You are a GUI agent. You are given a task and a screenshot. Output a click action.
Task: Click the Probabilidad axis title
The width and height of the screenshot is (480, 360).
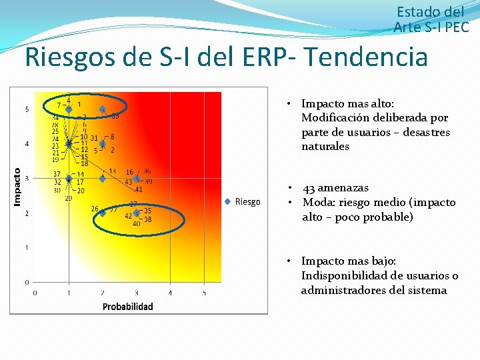click(x=127, y=306)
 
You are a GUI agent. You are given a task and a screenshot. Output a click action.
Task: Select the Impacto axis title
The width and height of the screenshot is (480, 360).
click(x=18, y=186)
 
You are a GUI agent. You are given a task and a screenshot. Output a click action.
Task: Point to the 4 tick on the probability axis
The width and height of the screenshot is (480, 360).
click(x=170, y=292)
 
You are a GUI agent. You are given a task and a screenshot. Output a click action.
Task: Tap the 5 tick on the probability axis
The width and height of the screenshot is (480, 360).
click(x=204, y=292)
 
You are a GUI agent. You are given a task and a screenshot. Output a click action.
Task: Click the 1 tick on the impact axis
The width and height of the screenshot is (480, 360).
click(x=27, y=247)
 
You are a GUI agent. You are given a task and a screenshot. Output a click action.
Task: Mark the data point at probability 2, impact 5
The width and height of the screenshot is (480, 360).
click(x=103, y=109)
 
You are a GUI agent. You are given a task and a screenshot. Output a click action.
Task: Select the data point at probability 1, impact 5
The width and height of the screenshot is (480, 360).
click(x=69, y=109)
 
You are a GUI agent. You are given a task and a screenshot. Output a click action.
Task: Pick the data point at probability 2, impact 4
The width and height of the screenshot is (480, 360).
click(x=103, y=144)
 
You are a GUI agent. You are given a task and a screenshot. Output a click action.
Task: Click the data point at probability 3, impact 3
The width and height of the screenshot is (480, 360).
click(x=136, y=179)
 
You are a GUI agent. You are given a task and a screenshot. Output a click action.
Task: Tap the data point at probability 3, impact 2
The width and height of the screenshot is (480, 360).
click(x=136, y=213)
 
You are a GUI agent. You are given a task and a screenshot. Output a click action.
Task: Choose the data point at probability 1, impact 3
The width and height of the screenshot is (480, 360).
click(x=69, y=179)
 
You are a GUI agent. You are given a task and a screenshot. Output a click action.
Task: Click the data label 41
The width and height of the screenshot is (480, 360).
click(x=139, y=189)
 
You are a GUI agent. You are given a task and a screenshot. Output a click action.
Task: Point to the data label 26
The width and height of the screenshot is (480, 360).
click(x=95, y=208)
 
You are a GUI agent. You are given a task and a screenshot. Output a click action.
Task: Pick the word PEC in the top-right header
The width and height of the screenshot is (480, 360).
click(x=457, y=27)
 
